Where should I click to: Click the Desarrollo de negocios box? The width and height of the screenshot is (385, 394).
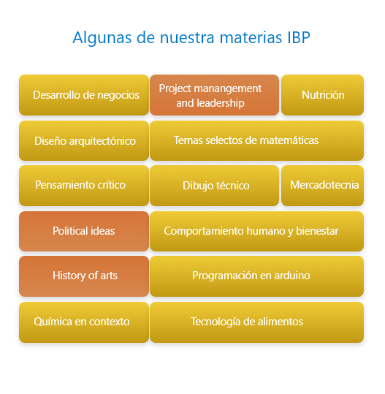pyautogui.click(x=84, y=95)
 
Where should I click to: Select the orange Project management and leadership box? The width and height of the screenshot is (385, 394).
pyautogui.click(x=215, y=95)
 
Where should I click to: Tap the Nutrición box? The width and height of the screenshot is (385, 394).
pyautogui.click(x=322, y=95)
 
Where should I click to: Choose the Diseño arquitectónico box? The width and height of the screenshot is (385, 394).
pyautogui.click(x=84, y=140)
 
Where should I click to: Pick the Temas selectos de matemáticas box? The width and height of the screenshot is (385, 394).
pyautogui.click(x=256, y=140)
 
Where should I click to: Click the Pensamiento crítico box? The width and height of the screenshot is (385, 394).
pyautogui.click(x=84, y=186)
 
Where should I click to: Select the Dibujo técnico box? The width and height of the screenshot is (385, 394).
pyautogui.click(x=215, y=186)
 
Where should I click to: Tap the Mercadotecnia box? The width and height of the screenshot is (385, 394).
pyautogui.click(x=322, y=186)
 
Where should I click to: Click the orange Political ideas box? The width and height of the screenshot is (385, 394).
pyautogui.click(x=84, y=231)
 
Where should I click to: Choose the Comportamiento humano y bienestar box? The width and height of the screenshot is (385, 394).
pyautogui.click(x=256, y=231)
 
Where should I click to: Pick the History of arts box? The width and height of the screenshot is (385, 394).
pyautogui.click(x=84, y=276)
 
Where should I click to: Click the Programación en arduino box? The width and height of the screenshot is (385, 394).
pyautogui.click(x=256, y=276)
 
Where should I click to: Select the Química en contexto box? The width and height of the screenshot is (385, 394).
pyautogui.click(x=84, y=322)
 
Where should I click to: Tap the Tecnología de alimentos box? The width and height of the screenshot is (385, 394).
pyautogui.click(x=256, y=322)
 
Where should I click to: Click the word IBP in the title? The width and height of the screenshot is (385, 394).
pyautogui.click(x=299, y=38)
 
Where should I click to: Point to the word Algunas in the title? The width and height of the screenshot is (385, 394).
pyautogui.click(x=102, y=38)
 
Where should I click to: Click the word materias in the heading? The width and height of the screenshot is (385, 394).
pyautogui.click(x=251, y=38)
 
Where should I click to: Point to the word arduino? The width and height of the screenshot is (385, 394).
pyautogui.click(x=292, y=276)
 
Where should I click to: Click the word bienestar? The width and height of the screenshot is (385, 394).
pyautogui.click(x=317, y=231)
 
